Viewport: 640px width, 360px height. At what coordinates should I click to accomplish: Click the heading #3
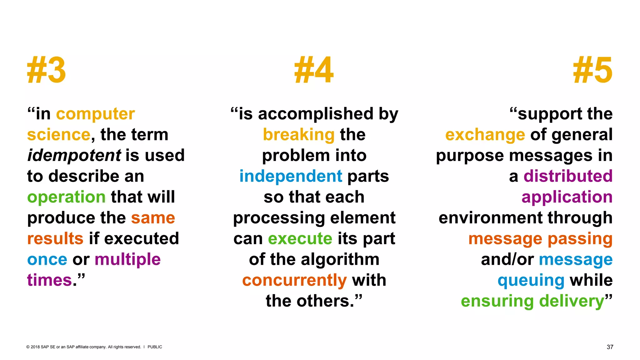point(47,70)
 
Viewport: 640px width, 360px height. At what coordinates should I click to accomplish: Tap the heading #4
point(314,70)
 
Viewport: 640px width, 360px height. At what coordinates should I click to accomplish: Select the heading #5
point(592,70)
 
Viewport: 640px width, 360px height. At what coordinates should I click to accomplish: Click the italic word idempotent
point(74,155)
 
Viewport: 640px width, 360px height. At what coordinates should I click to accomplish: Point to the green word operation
point(66,197)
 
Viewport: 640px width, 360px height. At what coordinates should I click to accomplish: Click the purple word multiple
point(127,260)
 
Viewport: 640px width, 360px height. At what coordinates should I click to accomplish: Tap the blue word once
point(47,260)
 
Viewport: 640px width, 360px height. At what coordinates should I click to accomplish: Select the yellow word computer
point(95,114)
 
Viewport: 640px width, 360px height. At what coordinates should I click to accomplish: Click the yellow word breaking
point(299,135)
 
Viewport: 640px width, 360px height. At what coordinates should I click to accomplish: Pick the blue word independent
point(291,176)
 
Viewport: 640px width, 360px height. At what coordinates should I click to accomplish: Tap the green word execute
point(300,239)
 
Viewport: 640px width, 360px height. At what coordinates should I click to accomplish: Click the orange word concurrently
point(294,280)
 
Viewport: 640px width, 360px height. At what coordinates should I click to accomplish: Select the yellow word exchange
point(485,135)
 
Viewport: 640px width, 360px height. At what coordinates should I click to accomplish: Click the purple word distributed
point(568,176)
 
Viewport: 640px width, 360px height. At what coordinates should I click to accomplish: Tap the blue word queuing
point(531,280)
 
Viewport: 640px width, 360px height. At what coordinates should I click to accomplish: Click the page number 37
point(610,347)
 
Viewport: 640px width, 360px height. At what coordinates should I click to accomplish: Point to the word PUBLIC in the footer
point(155,347)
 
